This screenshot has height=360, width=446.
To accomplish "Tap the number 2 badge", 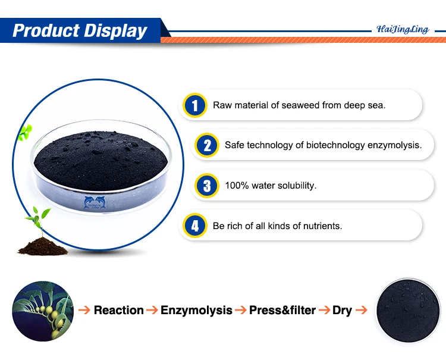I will [206, 145].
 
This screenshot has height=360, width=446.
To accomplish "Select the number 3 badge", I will [206, 185].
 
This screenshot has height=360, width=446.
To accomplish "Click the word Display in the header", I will [117, 30].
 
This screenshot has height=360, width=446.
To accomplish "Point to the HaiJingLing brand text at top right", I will [403, 29].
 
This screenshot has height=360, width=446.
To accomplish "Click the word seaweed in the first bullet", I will [297, 105].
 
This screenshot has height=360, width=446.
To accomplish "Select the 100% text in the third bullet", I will [235, 185].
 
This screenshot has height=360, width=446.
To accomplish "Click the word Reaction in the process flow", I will [119, 310].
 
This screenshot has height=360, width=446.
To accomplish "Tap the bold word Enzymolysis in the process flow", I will [197, 310].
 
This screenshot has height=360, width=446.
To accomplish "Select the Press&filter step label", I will [282, 310].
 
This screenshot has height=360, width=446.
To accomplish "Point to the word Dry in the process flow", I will [343, 310].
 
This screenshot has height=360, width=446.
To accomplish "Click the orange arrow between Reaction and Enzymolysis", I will [152, 310].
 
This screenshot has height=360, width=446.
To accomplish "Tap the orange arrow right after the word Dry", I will [362, 310].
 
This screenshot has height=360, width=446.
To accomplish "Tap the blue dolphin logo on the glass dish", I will [98, 203].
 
